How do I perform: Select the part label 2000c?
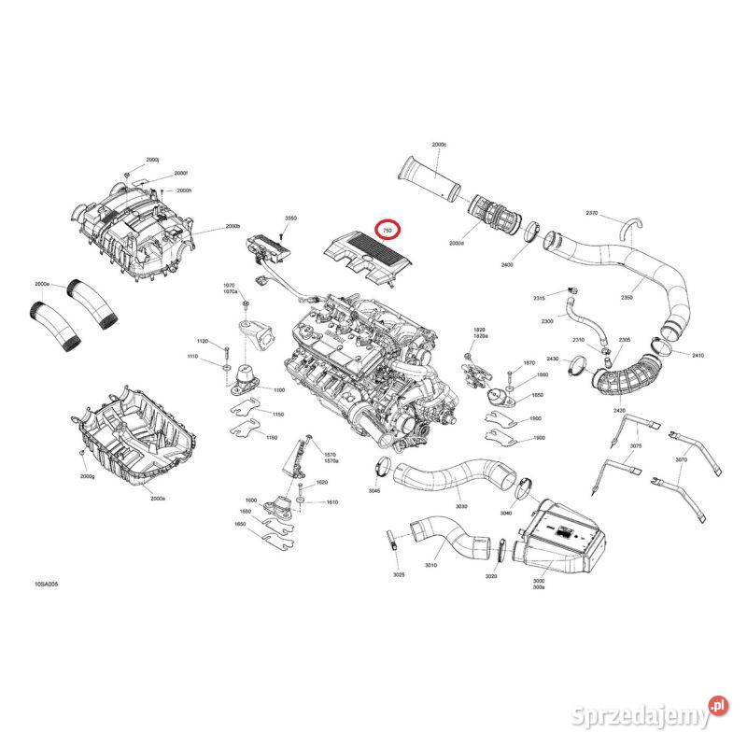[440, 146]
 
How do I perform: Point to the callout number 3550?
[290, 218]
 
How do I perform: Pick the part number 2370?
[592, 213]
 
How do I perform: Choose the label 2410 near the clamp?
[698, 356]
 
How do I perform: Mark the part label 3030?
[461, 507]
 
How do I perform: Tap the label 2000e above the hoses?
[42, 283]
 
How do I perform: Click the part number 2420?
[620, 410]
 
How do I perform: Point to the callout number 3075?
[636, 446]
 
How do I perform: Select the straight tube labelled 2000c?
[429, 180]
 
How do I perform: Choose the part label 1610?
[331, 502]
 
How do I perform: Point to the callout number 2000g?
[89, 476]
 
